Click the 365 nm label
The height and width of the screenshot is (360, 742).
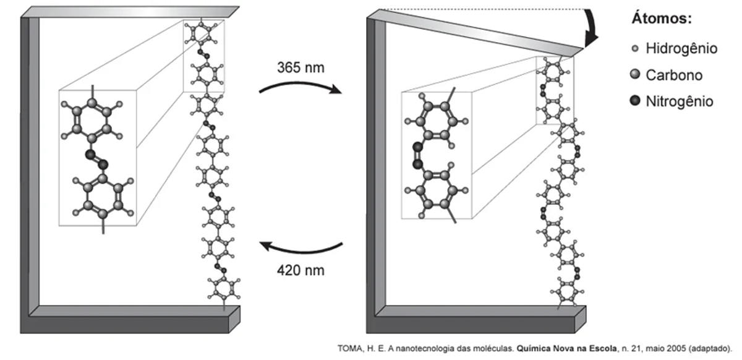[300, 66]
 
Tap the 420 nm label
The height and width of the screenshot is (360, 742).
[300, 270]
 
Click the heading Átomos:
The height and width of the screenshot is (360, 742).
[661, 19]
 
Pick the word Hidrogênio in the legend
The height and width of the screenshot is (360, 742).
[681, 48]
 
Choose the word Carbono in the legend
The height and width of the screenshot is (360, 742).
[674, 75]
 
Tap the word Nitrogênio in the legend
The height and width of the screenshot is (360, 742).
[679, 101]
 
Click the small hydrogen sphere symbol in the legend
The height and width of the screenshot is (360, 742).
[634, 48]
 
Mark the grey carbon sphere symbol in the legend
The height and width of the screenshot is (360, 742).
[634, 75]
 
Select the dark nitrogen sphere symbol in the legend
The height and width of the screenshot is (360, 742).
[634, 101]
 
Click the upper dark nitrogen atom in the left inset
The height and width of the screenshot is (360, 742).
[90, 153]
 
